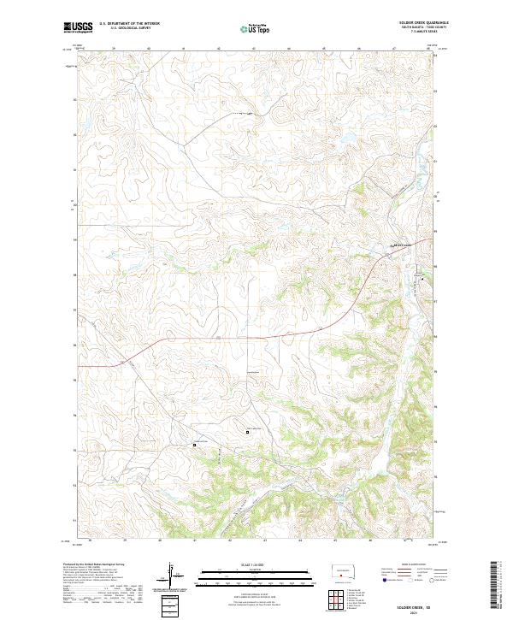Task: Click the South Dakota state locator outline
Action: tap(343, 570)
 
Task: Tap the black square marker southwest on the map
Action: tap(194, 445)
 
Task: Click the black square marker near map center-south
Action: tap(249, 433)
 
